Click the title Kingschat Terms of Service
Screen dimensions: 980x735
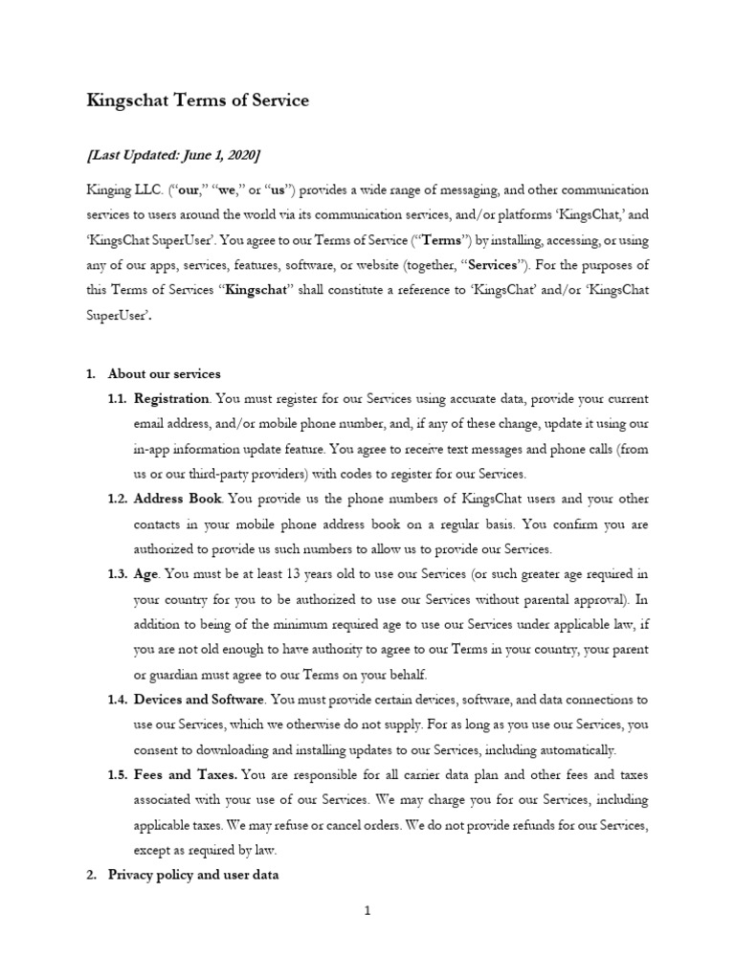pyautogui.click(x=198, y=100)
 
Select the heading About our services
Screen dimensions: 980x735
pyautogui.click(x=164, y=373)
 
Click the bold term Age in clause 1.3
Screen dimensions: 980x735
pyautogui.click(x=146, y=573)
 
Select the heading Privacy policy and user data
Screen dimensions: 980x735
pyautogui.click(x=193, y=874)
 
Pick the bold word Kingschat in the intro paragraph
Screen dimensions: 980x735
pyautogui.click(x=256, y=290)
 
